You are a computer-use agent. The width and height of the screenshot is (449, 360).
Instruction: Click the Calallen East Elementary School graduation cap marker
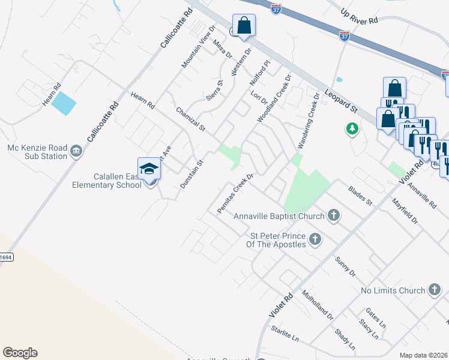point(149,169)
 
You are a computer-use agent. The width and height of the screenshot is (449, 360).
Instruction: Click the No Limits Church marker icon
point(435,290)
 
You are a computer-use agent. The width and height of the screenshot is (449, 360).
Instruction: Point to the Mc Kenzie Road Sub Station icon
point(76,151)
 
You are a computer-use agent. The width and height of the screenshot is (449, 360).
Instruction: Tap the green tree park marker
point(352,128)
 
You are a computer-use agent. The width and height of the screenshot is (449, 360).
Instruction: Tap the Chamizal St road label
point(191,120)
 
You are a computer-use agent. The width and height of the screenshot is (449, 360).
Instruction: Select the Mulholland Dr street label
point(318,305)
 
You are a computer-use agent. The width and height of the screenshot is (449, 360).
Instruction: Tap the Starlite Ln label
point(285,334)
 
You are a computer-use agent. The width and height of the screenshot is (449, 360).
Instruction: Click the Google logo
point(20,353)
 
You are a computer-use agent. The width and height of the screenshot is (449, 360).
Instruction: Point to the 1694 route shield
point(5,257)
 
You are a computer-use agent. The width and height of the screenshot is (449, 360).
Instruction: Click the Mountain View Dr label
point(198,47)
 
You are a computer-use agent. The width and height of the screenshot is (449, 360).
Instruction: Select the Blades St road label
point(361,196)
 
